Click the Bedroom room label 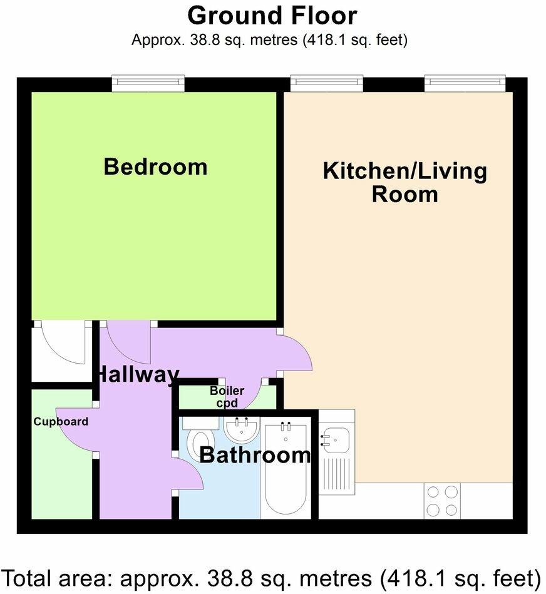tap(155, 167)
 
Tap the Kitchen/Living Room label tap(404, 182)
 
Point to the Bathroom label tap(254, 455)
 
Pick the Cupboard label tap(61, 421)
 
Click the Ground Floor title tap(272, 15)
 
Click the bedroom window tap(148, 81)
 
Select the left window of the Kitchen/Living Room tap(326, 81)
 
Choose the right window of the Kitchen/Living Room tap(465, 81)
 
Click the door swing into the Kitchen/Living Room tap(294, 354)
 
